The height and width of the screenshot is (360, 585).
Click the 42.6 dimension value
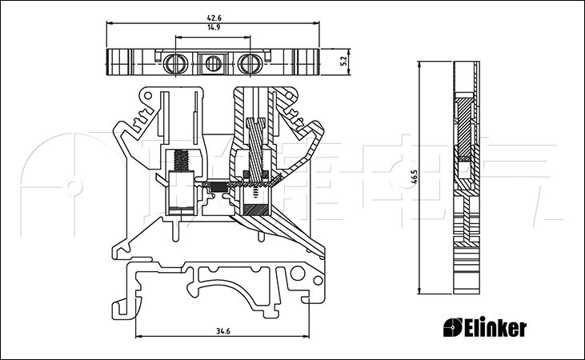212,17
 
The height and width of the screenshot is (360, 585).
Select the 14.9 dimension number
213,27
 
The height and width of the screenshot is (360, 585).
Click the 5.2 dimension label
343,61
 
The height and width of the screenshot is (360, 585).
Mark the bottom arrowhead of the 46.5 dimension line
421,291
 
